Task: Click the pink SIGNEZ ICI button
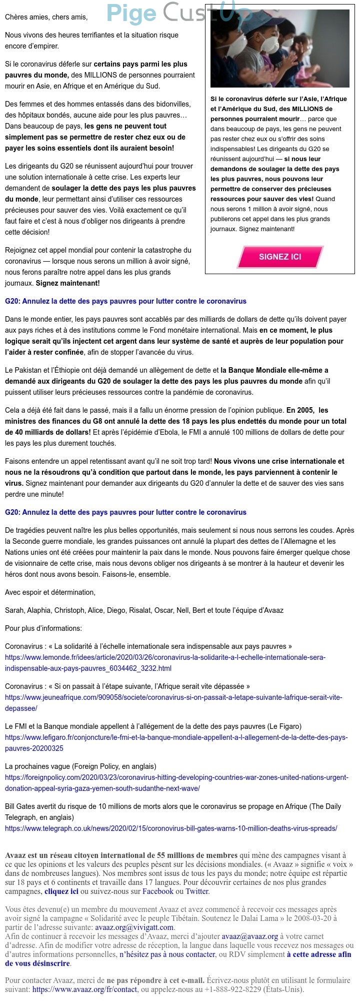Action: [280, 257]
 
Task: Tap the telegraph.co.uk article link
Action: [171, 828]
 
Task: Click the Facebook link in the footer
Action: [157, 891]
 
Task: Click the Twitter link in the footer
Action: [196, 891]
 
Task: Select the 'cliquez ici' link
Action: [61, 891]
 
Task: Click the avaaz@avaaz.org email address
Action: [250, 936]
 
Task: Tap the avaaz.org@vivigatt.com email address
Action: [134, 927]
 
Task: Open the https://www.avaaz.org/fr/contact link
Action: [84, 989]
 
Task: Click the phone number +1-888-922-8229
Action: [233, 989]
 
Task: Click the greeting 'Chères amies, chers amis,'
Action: [46, 17]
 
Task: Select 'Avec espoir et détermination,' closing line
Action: [50, 592]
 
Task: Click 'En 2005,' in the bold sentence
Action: [301, 410]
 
